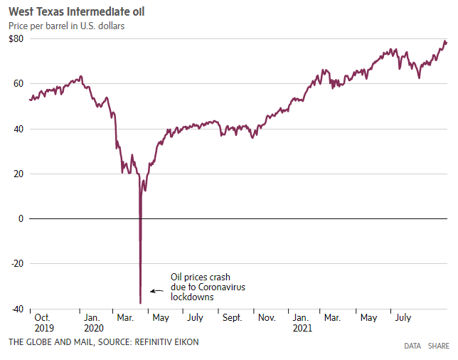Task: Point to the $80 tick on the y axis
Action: pos(17,38)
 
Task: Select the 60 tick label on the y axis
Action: pos(18,84)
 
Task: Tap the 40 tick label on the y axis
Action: pos(18,129)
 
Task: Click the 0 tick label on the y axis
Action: pos(21,218)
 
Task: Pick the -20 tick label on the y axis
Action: pos(17,263)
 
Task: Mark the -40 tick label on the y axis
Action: pos(17,309)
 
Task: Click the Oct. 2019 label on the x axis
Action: pos(43,323)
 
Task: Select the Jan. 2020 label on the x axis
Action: pos(93,323)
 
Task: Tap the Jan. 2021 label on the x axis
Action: pos(302,323)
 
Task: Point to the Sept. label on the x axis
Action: pos(231,317)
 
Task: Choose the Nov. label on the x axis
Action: pos(267,317)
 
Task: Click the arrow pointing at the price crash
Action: pos(156,290)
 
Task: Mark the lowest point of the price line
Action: pos(140,303)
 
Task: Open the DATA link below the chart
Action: pos(412,346)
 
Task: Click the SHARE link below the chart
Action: pos(438,346)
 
